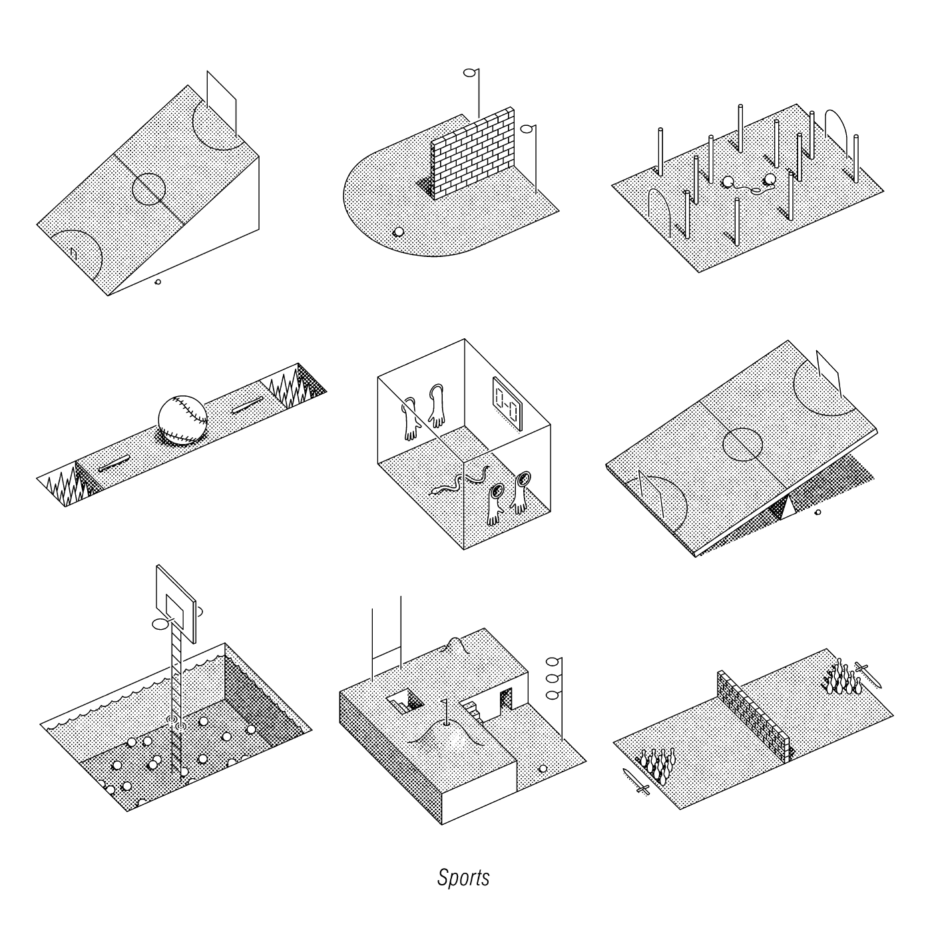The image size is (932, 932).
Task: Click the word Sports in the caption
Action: tap(463, 877)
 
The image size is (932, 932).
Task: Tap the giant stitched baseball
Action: tap(183, 420)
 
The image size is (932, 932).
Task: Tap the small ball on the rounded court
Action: tap(399, 232)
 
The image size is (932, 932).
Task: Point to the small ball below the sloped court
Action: tap(158, 282)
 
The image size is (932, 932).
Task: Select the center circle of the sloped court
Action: tap(148, 189)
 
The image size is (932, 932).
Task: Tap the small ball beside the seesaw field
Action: tap(818, 512)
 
